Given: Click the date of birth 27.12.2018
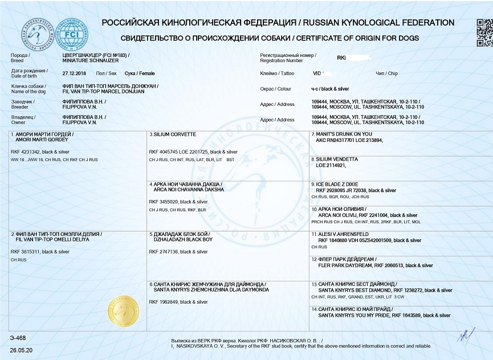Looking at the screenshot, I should tap(74, 73).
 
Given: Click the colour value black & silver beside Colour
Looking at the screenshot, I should tap(336, 89).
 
